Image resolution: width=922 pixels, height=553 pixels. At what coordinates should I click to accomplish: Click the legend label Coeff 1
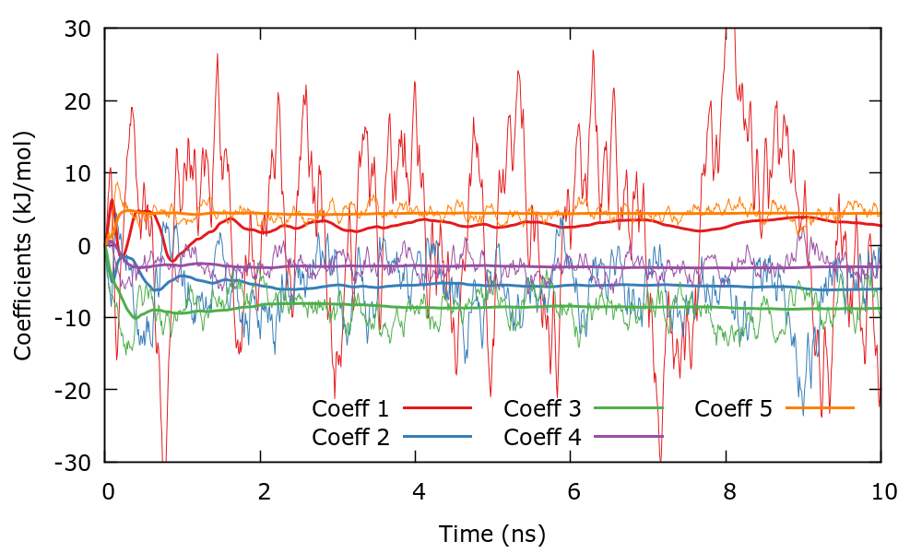pyautogui.click(x=350, y=407)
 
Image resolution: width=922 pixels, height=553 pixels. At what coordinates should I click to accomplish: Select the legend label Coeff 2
pyautogui.click(x=350, y=436)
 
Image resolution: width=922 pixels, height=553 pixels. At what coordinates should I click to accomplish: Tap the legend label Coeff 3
pyautogui.click(x=542, y=407)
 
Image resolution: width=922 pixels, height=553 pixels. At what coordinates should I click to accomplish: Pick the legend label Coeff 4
pyautogui.click(x=542, y=436)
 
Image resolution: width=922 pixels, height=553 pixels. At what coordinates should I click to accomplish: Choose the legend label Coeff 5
pyautogui.click(x=733, y=407)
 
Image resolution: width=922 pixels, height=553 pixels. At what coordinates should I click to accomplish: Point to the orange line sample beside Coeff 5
pyautogui.click(x=821, y=407)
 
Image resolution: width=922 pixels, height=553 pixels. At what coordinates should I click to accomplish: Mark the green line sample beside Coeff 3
pyautogui.click(x=630, y=407)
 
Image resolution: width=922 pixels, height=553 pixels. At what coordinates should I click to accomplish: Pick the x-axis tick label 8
pyautogui.click(x=727, y=492)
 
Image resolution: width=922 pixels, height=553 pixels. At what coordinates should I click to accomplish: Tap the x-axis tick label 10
pyautogui.click(x=882, y=492)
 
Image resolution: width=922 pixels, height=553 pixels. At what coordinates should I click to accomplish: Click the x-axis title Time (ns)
pyautogui.click(x=492, y=533)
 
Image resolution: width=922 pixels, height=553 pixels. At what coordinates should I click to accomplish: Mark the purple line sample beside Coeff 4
pyautogui.click(x=630, y=436)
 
